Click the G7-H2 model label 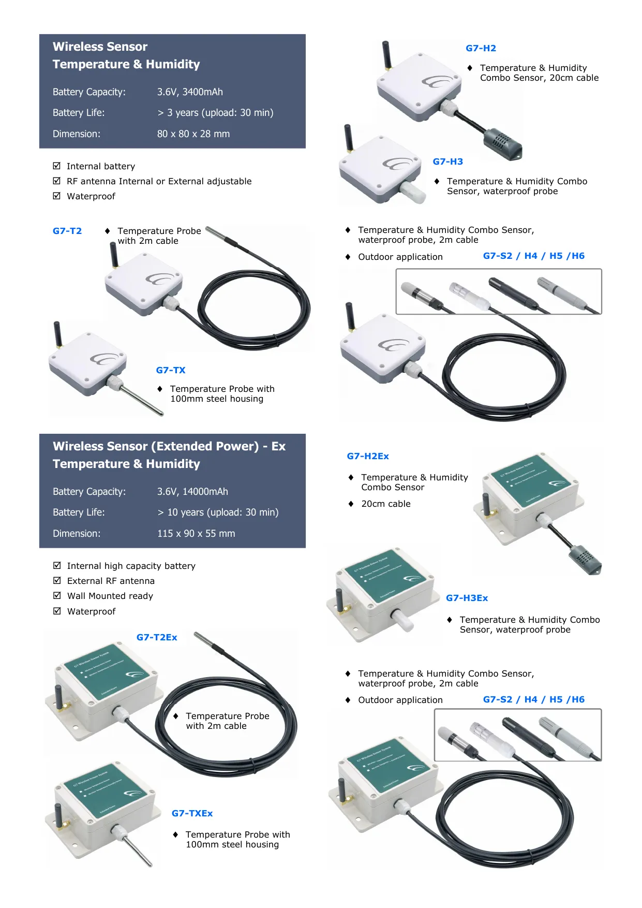click(481, 48)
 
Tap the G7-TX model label click(171, 370)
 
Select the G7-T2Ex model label click(157, 637)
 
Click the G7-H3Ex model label click(467, 598)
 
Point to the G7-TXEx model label click(192, 813)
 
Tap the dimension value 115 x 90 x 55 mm click(196, 533)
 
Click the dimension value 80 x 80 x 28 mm click(193, 134)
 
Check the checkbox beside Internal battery click(57, 166)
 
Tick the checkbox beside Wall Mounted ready click(57, 595)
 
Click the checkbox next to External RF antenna click(57, 580)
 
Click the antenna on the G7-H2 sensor click(386, 55)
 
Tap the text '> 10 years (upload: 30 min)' click(218, 512)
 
